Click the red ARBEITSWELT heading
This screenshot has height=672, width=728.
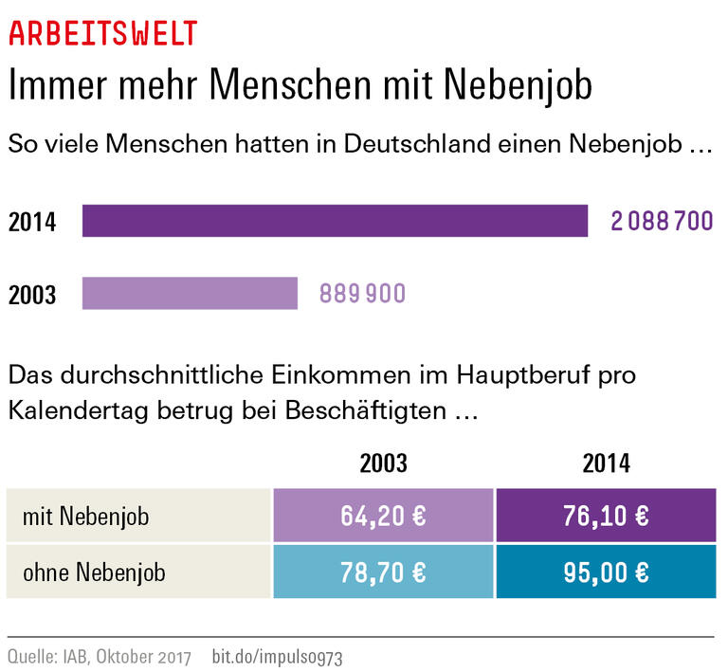pos(102,33)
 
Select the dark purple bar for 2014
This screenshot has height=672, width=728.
pos(335,221)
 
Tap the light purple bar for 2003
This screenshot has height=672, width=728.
pos(190,293)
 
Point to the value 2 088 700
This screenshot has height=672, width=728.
pos(662,222)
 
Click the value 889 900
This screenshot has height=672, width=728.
pos(362,294)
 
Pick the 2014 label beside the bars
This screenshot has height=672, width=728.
pos(32,223)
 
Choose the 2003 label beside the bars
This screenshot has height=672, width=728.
pos(32,295)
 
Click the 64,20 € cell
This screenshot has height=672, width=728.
pos(383,517)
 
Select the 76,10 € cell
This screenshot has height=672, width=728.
pos(606,517)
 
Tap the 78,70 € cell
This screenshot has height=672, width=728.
pos(383,572)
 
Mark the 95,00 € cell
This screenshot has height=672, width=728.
pos(606,572)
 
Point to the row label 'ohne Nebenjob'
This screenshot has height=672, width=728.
pos(95,572)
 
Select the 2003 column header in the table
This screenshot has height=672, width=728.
pos(383,463)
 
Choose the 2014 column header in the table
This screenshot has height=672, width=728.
pos(606,463)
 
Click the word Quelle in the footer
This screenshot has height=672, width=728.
pos(29,656)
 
